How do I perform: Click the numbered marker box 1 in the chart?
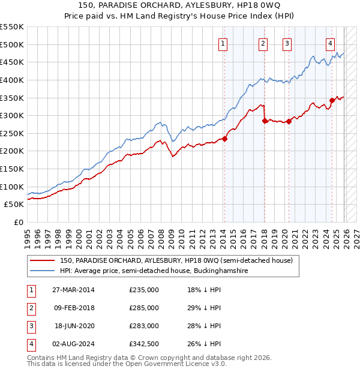coord(223,43)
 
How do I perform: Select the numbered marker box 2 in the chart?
coord(263,43)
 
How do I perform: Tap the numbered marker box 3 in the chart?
coord(287,43)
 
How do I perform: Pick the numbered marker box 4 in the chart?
coord(331,43)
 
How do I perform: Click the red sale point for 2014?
coord(224,139)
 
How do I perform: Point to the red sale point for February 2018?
coord(265,121)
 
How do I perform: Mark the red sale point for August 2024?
coord(332,100)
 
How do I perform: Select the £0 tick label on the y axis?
coord(18,222)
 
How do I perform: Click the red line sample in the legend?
coord(43,260)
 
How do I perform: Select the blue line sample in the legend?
coord(43,271)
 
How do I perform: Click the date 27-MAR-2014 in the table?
coord(73,290)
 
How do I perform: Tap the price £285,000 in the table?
coord(144,308)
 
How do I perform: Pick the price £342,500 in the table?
coord(144,344)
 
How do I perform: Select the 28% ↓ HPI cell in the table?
coord(204,326)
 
